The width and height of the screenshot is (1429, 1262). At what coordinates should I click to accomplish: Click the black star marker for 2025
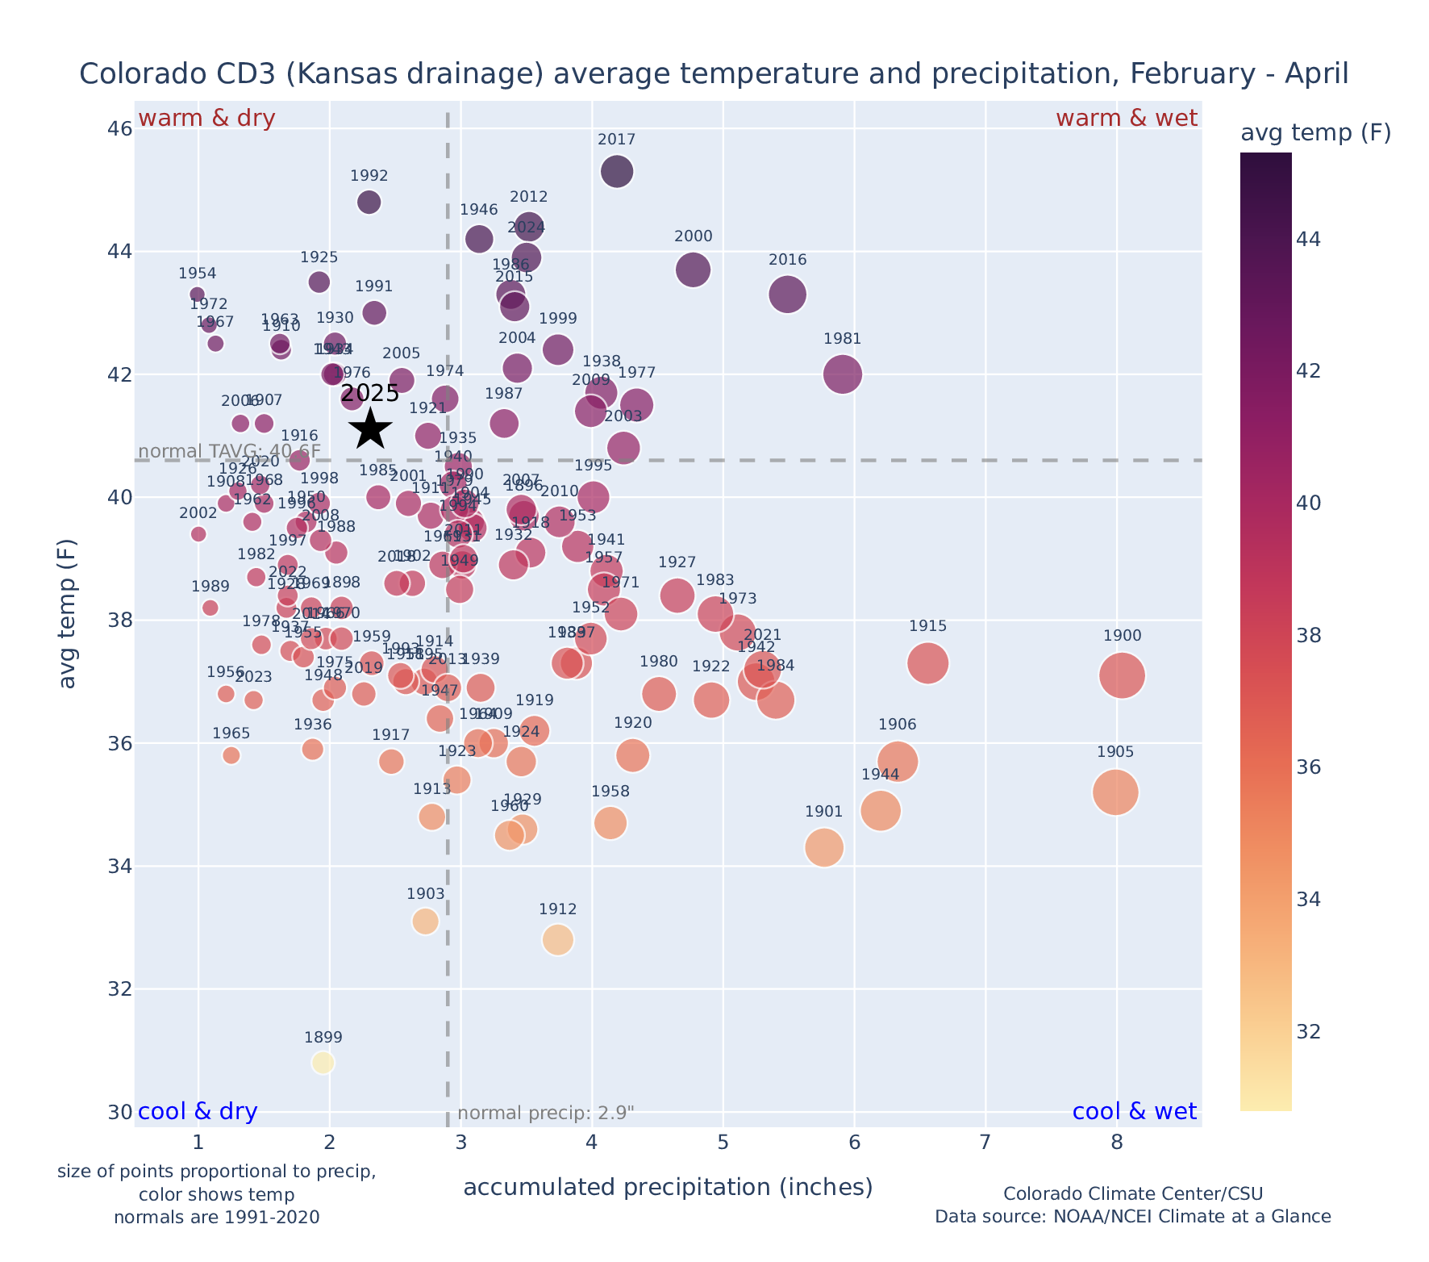point(370,428)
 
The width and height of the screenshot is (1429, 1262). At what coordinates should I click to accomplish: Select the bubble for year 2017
point(617,171)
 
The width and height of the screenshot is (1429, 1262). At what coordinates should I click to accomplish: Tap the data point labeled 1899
point(323,1063)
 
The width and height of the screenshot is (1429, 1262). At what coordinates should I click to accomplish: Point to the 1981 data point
point(843,374)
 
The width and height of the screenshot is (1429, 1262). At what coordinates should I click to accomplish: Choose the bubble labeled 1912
point(557,939)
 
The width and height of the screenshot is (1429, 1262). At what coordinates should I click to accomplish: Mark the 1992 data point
point(369,202)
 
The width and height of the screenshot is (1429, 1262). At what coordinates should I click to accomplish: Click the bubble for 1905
point(1115,792)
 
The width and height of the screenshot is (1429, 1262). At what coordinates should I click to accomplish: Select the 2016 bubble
point(787,294)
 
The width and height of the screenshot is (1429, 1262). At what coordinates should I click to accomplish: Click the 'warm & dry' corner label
point(207,119)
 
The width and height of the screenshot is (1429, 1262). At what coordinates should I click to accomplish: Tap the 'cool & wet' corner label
point(1134,1112)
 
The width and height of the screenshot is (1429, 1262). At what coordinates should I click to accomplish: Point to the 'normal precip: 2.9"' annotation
point(546,1114)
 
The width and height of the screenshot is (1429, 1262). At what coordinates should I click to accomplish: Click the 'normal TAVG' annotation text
point(230,450)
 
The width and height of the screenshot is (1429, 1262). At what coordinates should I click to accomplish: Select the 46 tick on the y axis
point(119,129)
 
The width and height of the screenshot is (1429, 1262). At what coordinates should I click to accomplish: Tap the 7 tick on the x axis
point(985,1143)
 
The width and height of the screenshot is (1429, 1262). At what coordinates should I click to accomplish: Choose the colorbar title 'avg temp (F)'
point(1315,133)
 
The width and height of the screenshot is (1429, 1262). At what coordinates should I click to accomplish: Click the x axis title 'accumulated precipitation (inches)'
point(668,1187)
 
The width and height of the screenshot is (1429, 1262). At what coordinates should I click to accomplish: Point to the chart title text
point(714,74)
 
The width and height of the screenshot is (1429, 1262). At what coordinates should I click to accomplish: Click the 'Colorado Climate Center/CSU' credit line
point(1132,1193)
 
